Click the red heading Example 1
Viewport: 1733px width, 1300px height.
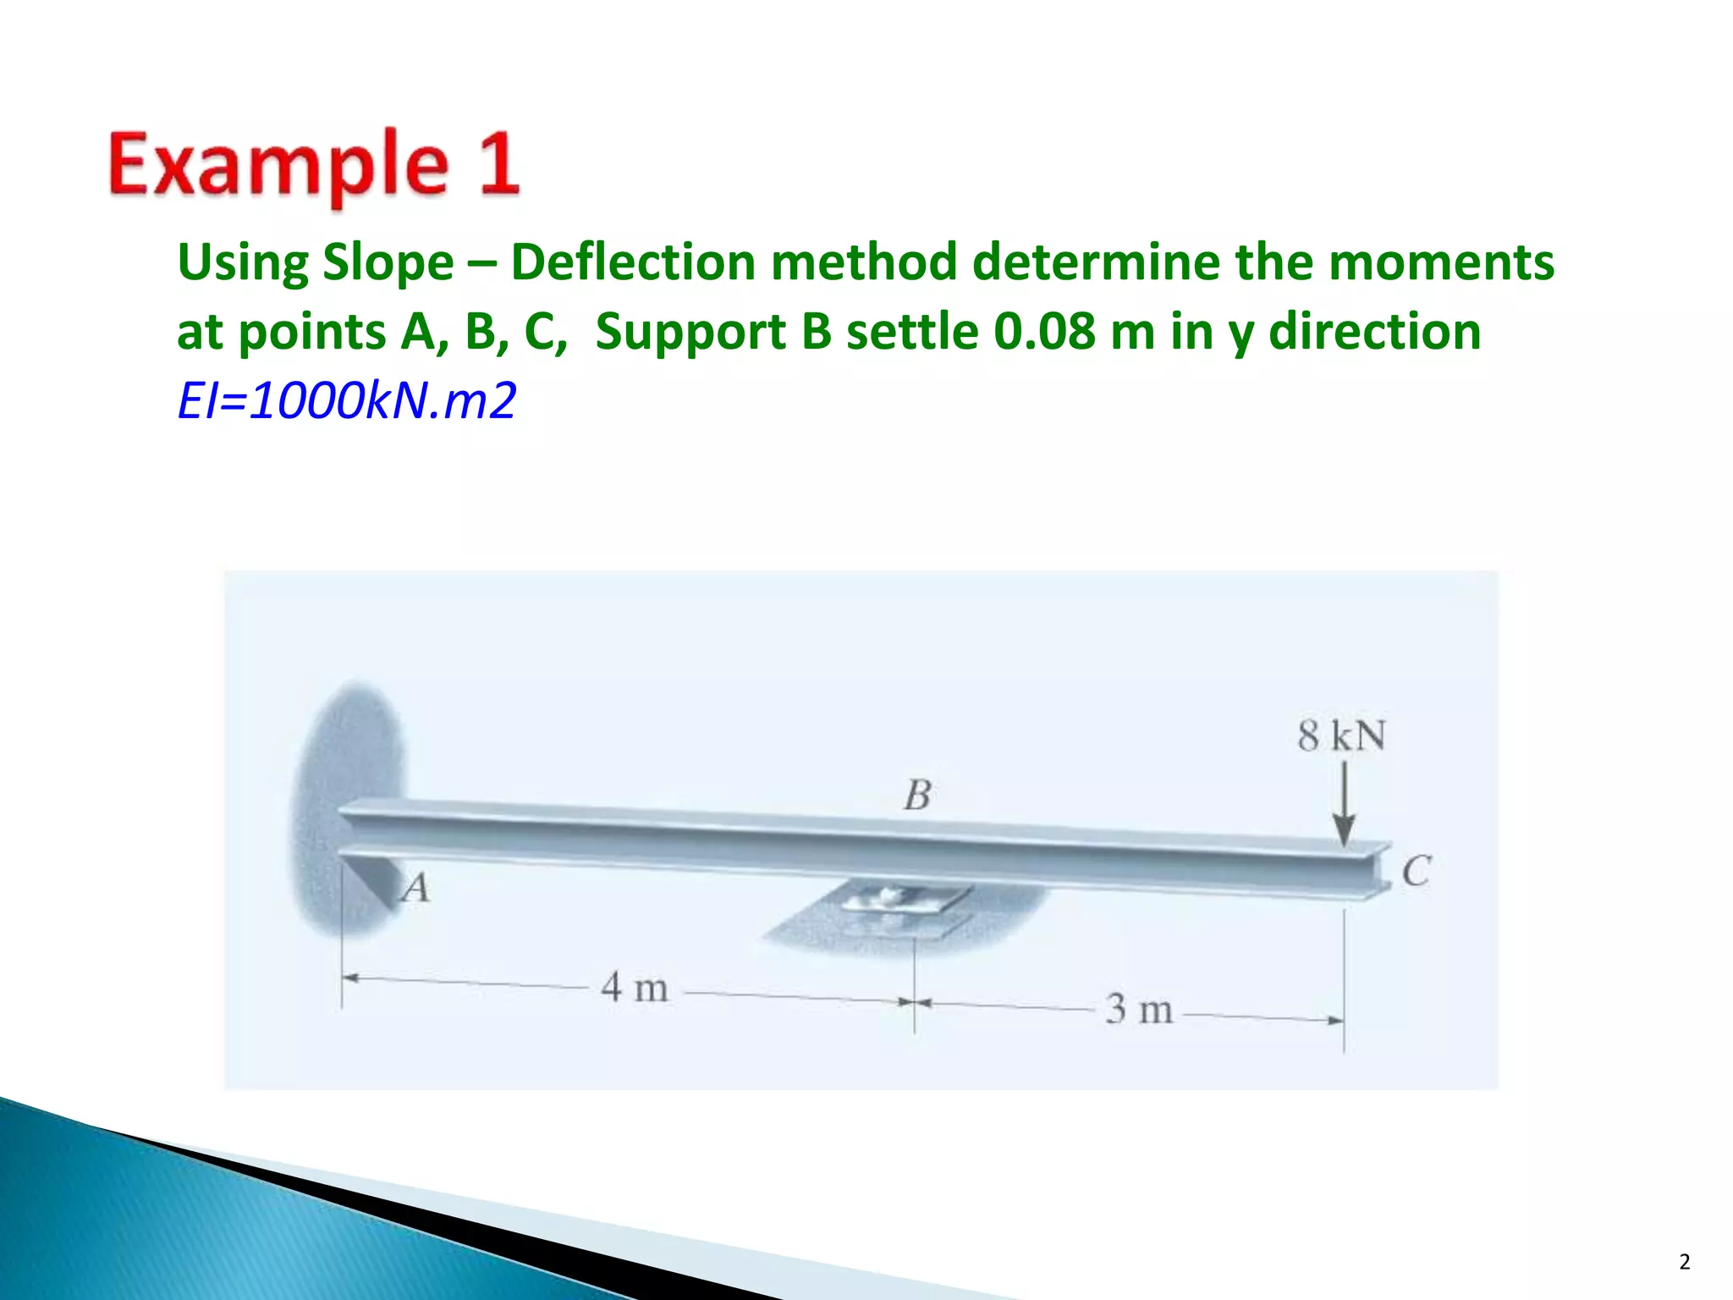coord(313,164)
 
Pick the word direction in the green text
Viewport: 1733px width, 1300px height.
coord(1376,331)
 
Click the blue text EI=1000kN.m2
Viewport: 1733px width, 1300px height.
coord(346,400)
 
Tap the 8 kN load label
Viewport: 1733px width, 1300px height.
coord(1341,735)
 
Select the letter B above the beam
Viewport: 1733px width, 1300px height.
coord(917,795)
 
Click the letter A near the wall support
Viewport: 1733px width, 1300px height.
coord(415,888)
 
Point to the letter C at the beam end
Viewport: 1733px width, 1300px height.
coord(1416,871)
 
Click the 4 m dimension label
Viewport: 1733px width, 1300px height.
coord(635,988)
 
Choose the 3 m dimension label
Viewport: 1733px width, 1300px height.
coord(1139,1009)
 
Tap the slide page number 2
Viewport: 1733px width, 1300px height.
coord(1684,1262)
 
